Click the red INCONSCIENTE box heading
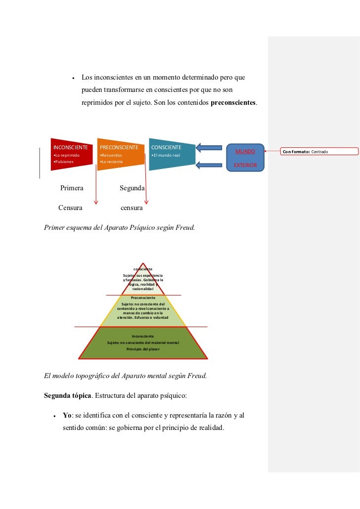tap(71, 147)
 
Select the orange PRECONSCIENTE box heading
tap(119, 147)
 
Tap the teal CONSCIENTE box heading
tap(166, 147)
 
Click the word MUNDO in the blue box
tap(245, 151)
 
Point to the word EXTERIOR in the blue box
tap(245, 165)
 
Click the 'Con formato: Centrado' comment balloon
tap(319, 151)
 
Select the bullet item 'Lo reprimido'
tap(66, 156)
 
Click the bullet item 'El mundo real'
tap(166, 156)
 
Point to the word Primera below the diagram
tap(72, 188)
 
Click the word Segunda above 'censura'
tap(132, 188)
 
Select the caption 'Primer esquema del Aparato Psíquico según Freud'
tap(120, 228)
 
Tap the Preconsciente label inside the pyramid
tap(143, 298)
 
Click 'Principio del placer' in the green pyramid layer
tap(143, 348)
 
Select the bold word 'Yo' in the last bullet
tap(68, 415)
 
